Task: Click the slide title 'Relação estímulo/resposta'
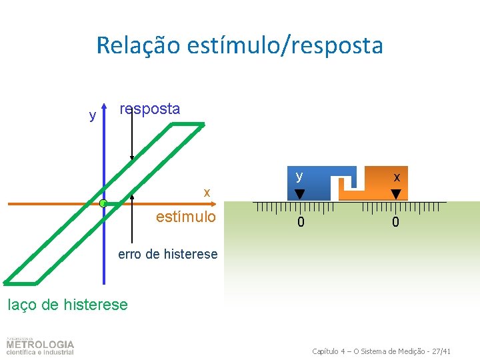point(239,45)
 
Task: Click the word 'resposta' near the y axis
point(149,109)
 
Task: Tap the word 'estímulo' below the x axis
point(185,217)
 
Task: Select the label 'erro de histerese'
point(167,254)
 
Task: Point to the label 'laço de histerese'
point(67,305)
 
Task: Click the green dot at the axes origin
point(103,203)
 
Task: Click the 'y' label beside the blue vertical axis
point(92,116)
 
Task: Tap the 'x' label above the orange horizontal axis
point(207,193)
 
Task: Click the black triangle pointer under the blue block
point(300,194)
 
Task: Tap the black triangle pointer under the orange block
point(396,194)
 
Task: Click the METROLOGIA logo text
point(41,345)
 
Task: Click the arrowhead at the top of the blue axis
point(105,106)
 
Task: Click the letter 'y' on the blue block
point(300,176)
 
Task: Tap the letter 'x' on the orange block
point(397,177)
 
